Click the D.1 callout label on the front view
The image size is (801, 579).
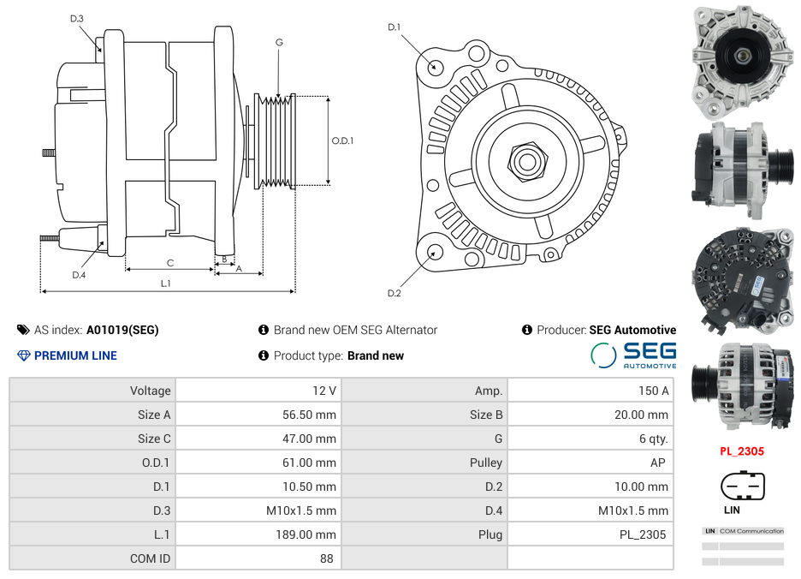(394, 27)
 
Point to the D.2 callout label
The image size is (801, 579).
(394, 293)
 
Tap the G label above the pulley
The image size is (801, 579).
(279, 42)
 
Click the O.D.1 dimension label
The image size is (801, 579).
(342, 140)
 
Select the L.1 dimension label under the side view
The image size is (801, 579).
(166, 283)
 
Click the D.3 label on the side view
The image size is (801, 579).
(76, 18)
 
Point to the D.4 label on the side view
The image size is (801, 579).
(79, 275)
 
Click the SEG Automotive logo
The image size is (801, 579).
(633, 355)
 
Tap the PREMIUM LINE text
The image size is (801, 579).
(75, 355)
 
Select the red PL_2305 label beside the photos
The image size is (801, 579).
(741, 451)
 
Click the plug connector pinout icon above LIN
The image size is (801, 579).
(742, 486)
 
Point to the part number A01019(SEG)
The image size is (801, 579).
(122, 330)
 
